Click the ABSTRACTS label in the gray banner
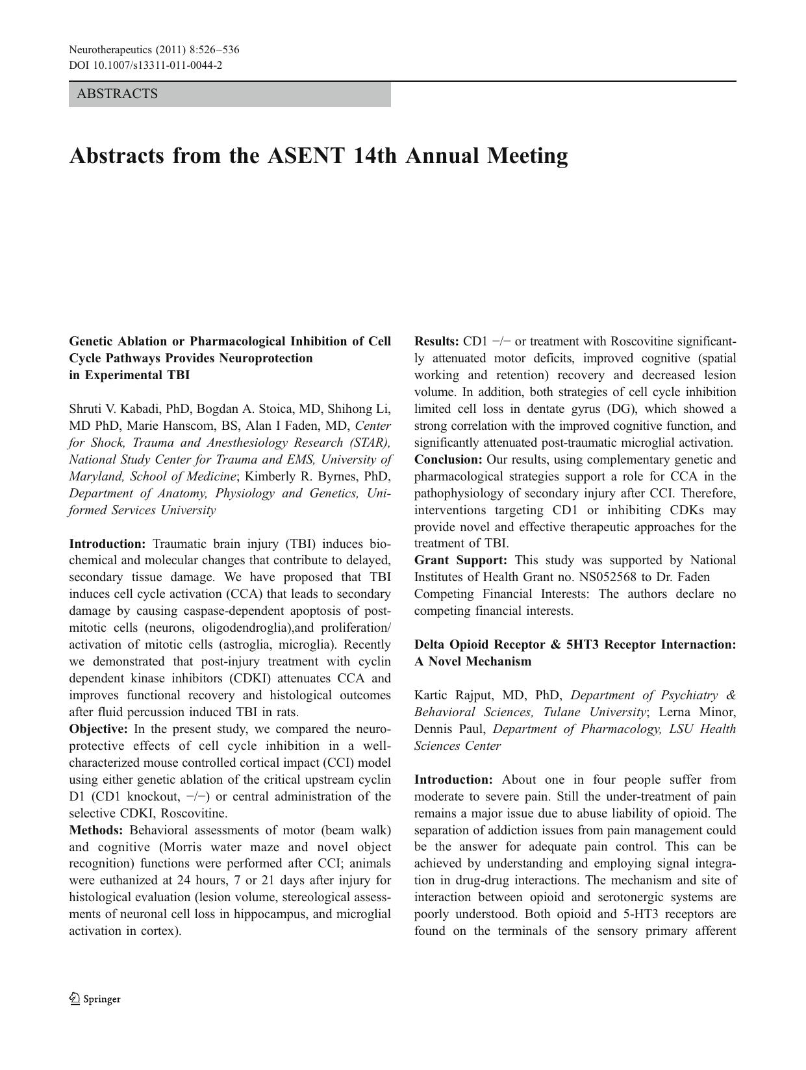[117, 94]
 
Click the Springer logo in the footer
[95, 999]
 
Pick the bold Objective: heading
[98, 729]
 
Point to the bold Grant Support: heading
[460, 560]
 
